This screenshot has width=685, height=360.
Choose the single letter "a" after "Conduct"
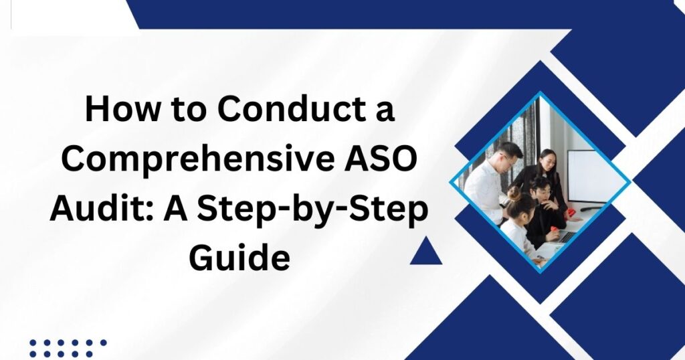385,112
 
